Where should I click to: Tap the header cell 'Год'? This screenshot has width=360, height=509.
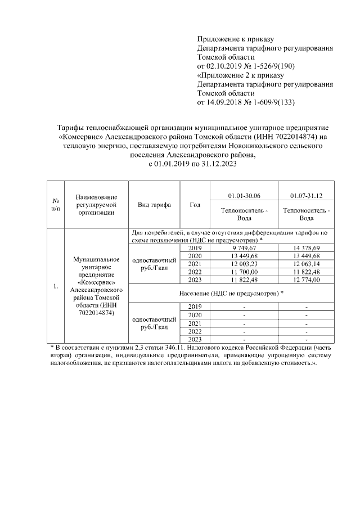(x=195, y=205)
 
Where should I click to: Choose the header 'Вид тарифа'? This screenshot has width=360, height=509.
(x=154, y=205)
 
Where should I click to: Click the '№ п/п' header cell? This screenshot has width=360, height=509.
(x=56, y=205)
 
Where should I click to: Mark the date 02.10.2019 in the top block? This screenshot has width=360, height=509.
(x=225, y=66)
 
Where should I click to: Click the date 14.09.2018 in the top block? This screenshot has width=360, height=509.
(x=225, y=102)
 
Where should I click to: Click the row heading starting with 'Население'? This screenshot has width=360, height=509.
(x=231, y=293)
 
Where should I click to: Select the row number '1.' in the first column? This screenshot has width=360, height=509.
(x=56, y=287)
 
